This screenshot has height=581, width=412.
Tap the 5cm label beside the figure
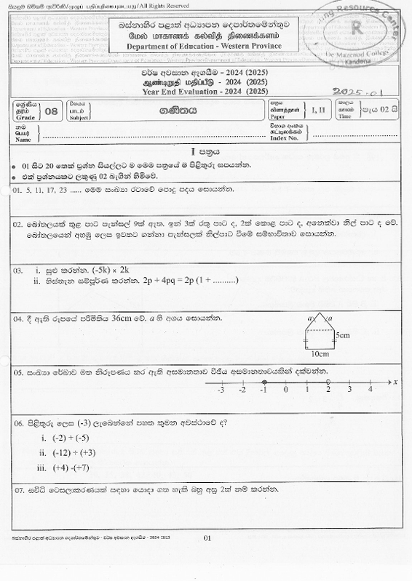pos(344,336)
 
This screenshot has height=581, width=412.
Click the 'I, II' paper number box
pos(319,111)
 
